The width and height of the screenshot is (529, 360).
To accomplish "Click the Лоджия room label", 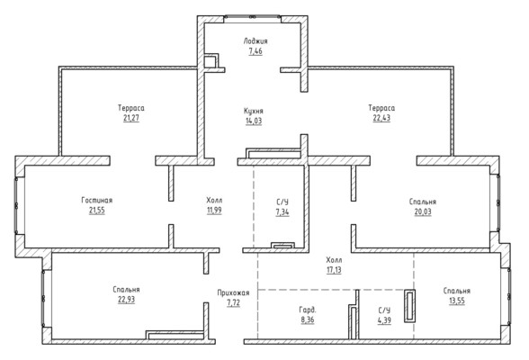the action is click(256, 41).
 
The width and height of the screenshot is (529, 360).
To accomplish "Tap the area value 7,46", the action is click(256, 51).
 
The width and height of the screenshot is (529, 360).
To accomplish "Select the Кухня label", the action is click(254, 111).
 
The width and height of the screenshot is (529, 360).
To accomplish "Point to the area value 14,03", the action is click(254, 121).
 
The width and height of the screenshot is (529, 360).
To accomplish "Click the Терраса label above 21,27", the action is click(131, 108).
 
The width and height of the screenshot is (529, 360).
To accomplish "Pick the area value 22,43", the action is click(381, 118).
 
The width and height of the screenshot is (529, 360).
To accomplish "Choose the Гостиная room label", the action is click(97, 200).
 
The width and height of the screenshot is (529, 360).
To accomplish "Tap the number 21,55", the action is click(97, 211).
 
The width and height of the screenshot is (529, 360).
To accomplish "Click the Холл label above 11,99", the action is click(214, 201).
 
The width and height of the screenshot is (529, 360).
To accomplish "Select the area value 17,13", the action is click(334, 270).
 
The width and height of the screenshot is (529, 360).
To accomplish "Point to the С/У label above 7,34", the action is click(282, 202).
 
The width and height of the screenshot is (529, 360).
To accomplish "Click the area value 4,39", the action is click(384, 320).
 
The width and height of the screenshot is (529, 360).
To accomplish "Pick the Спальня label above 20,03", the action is click(423, 202).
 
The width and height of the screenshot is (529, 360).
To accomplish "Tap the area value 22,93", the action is click(126, 300).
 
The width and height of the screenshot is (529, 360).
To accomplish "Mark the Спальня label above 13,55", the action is click(456, 291).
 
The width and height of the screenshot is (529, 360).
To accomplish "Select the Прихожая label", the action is click(233, 292).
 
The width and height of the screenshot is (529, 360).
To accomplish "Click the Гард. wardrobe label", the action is click(308, 310).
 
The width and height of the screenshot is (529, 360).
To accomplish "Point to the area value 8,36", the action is click(308, 319).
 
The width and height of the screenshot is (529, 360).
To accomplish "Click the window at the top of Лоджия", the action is click(252, 16).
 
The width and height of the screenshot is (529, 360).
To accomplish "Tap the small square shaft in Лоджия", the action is click(211, 62).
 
